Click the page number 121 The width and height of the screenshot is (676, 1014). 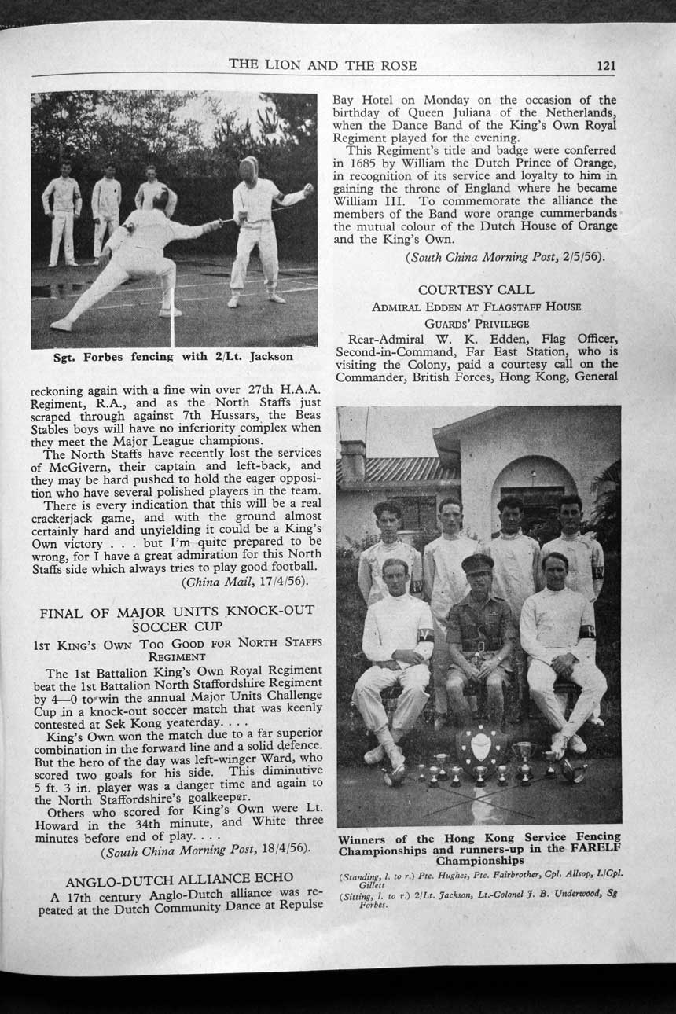(x=605, y=66)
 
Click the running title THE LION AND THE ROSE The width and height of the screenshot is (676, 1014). (x=322, y=65)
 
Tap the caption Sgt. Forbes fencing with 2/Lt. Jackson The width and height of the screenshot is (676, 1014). (x=173, y=356)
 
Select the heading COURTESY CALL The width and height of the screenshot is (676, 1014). (x=476, y=290)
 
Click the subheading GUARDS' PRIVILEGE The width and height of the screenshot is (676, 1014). (x=476, y=323)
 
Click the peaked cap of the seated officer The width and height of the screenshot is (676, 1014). (x=477, y=563)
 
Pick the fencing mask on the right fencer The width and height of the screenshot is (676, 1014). (x=248, y=167)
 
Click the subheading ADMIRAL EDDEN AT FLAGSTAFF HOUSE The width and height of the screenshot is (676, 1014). (x=476, y=307)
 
